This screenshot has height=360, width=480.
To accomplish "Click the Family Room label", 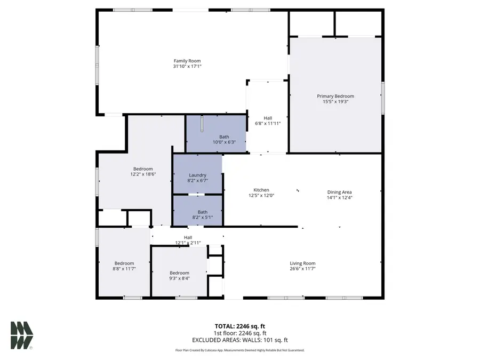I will click(x=187, y=61).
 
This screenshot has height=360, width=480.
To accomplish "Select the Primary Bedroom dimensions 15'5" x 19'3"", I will click(x=335, y=102).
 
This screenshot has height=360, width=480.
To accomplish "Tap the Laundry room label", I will click(x=197, y=175).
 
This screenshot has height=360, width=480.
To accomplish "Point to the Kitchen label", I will click(x=261, y=190).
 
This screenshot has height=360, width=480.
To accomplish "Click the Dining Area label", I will click(x=339, y=192).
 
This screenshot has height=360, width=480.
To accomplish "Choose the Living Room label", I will click(x=302, y=263).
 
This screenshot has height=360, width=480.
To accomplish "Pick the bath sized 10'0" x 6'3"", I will click(x=217, y=139).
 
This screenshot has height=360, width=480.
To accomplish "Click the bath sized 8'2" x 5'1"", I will click(x=202, y=214).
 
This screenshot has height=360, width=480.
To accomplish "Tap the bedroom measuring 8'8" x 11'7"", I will click(x=124, y=266).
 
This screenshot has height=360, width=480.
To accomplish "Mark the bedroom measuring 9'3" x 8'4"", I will click(x=179, y=275).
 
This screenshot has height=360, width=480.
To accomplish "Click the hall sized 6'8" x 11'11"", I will click(x=268, y=121).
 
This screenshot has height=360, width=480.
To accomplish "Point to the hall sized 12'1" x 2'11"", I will click(x=188, y=240).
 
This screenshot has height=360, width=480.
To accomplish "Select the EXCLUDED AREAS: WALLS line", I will click(x=239, y=340).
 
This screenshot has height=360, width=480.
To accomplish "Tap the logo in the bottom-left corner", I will click(x=21, y=335).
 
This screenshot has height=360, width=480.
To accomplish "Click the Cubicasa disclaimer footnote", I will click(x=239, y=350).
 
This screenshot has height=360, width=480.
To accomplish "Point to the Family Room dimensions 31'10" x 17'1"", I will click(x=187, y=66).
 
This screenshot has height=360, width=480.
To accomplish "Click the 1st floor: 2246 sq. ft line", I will click(x=239, y=333).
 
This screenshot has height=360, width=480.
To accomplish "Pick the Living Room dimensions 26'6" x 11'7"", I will click(x=302, y=269).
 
